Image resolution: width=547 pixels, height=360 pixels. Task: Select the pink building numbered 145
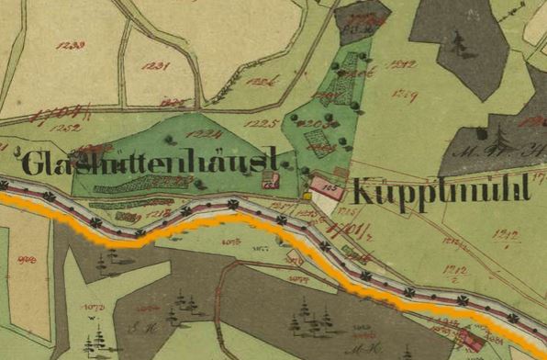[x=327, y=187]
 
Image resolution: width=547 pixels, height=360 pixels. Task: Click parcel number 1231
[x=158, y=66]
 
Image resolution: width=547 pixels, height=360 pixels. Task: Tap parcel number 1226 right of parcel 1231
[x=263, y=84]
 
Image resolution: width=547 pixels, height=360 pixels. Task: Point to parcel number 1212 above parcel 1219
[x=402, y=63]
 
